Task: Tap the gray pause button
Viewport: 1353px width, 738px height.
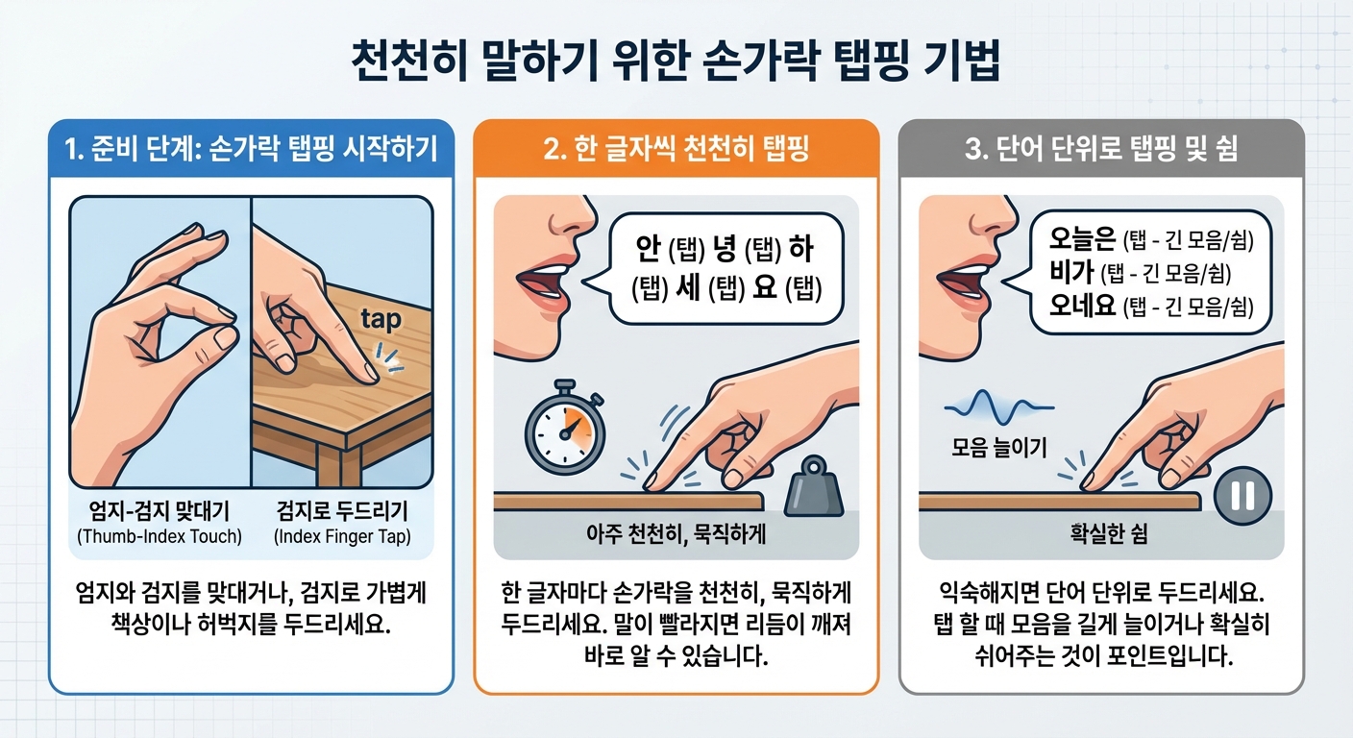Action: [x=1242, y=496]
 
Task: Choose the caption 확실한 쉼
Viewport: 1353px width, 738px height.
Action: [x=1101, y=534]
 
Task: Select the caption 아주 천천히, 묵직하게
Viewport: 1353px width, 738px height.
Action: [x=676, y=534]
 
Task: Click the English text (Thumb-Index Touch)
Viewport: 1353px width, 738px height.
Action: [x=160, y=536]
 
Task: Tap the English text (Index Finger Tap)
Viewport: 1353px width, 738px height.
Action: [x=342, y=536]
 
